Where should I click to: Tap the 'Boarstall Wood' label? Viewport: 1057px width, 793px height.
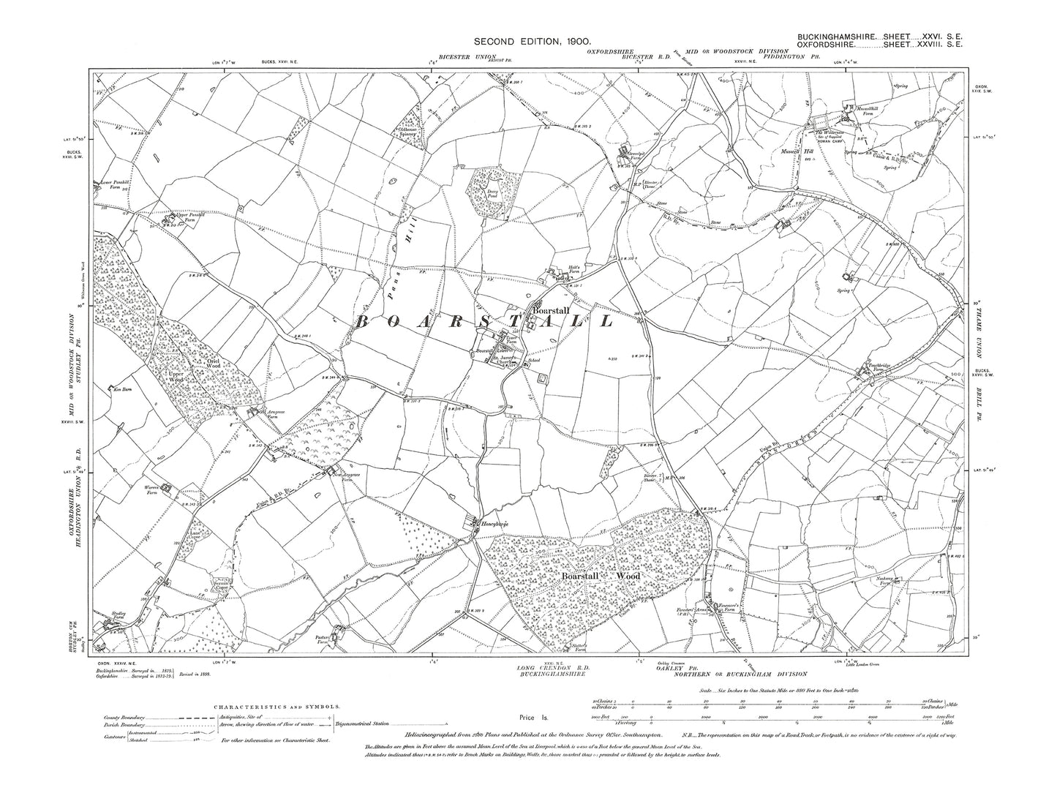pos(600,576)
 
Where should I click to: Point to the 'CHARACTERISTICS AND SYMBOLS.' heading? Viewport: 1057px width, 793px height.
pos(277,707)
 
